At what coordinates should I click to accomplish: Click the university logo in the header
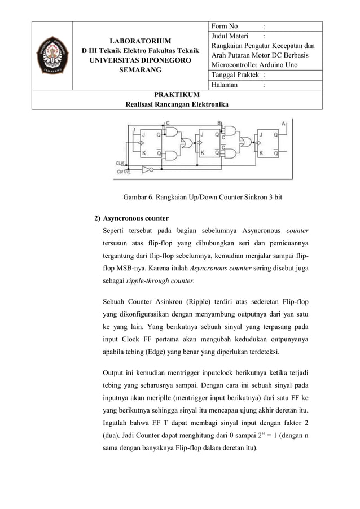click(52, 55)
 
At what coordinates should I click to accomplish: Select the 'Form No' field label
click(225, 26)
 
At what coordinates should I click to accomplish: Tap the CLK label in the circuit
click(120, 162)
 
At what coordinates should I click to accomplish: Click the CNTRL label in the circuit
click(124, 170)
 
